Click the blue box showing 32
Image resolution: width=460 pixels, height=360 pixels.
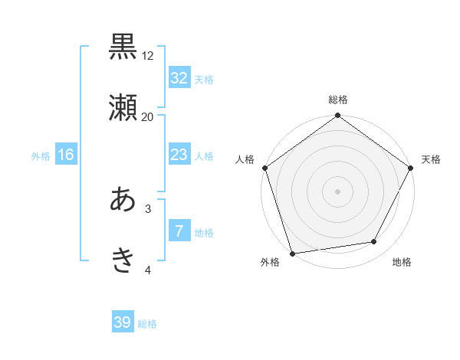[x=179, y=78]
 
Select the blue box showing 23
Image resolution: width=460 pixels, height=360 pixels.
[x=179, y=155]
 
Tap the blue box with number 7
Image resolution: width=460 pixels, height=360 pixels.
[x=179, y=231]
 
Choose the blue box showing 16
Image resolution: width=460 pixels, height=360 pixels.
[x=65, y=155]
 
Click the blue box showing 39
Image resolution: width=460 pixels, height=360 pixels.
[x=122, y=322]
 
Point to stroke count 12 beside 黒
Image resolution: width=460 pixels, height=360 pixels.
[x=148, y=56]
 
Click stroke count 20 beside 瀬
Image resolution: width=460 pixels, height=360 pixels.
[x=148, y=116]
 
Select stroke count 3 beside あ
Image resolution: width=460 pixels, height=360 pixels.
[x=148, y=208]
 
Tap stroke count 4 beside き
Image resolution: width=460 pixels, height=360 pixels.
[x=148, y=269]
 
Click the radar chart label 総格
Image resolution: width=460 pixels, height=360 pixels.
[x=338, y=100]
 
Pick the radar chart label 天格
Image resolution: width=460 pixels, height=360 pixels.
[x=431, y=159]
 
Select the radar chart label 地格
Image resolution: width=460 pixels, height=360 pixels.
[x=402, y=263]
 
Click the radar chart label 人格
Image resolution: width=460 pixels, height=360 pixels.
[x=245, y=159]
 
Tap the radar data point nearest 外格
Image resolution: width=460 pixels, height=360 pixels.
[x=292, y=253]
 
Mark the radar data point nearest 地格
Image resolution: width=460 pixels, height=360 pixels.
[x=374, y=241]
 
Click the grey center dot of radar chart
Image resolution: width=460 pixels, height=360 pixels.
[x=338, y=191]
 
